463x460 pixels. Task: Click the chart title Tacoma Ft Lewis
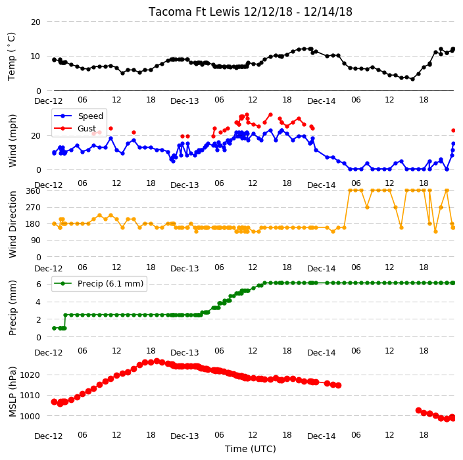tap(194, 12)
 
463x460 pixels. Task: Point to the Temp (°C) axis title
tap(11, 56)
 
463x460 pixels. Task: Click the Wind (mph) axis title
tap(12, 141)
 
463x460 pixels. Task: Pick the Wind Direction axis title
tap(12, 224)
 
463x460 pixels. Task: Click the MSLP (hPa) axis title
tap(12, 391)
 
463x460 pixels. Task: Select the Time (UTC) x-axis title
tap(251, 448)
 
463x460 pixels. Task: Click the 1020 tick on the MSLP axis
tap(30, 375)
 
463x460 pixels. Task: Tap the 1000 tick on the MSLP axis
tap(30, 416)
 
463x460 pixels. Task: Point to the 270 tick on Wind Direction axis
tap(33, 208)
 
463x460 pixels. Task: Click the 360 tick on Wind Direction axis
tap(33, 191)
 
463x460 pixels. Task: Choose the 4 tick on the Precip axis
tap(38, 302)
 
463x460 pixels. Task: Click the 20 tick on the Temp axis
tap(36, 22)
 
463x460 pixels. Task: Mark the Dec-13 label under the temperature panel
tap(185, 101)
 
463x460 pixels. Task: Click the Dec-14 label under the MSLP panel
tap(321, 436)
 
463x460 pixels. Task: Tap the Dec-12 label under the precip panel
tap(49, 352)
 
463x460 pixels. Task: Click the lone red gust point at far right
tap(454, 130)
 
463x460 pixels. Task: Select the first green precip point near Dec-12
tap(54, 328)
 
